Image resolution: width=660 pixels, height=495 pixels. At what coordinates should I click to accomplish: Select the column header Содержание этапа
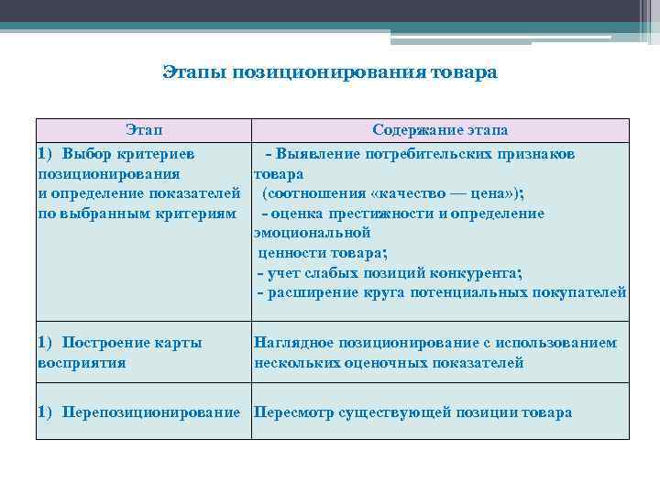click(440, 130)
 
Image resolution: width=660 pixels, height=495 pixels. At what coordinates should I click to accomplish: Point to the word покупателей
click(579, 292)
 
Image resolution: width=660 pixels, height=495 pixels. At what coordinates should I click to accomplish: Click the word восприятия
click(82, 362)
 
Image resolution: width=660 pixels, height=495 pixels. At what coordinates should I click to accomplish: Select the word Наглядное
click(293, 343)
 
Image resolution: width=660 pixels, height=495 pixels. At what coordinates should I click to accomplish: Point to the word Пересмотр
click(292, 412)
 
